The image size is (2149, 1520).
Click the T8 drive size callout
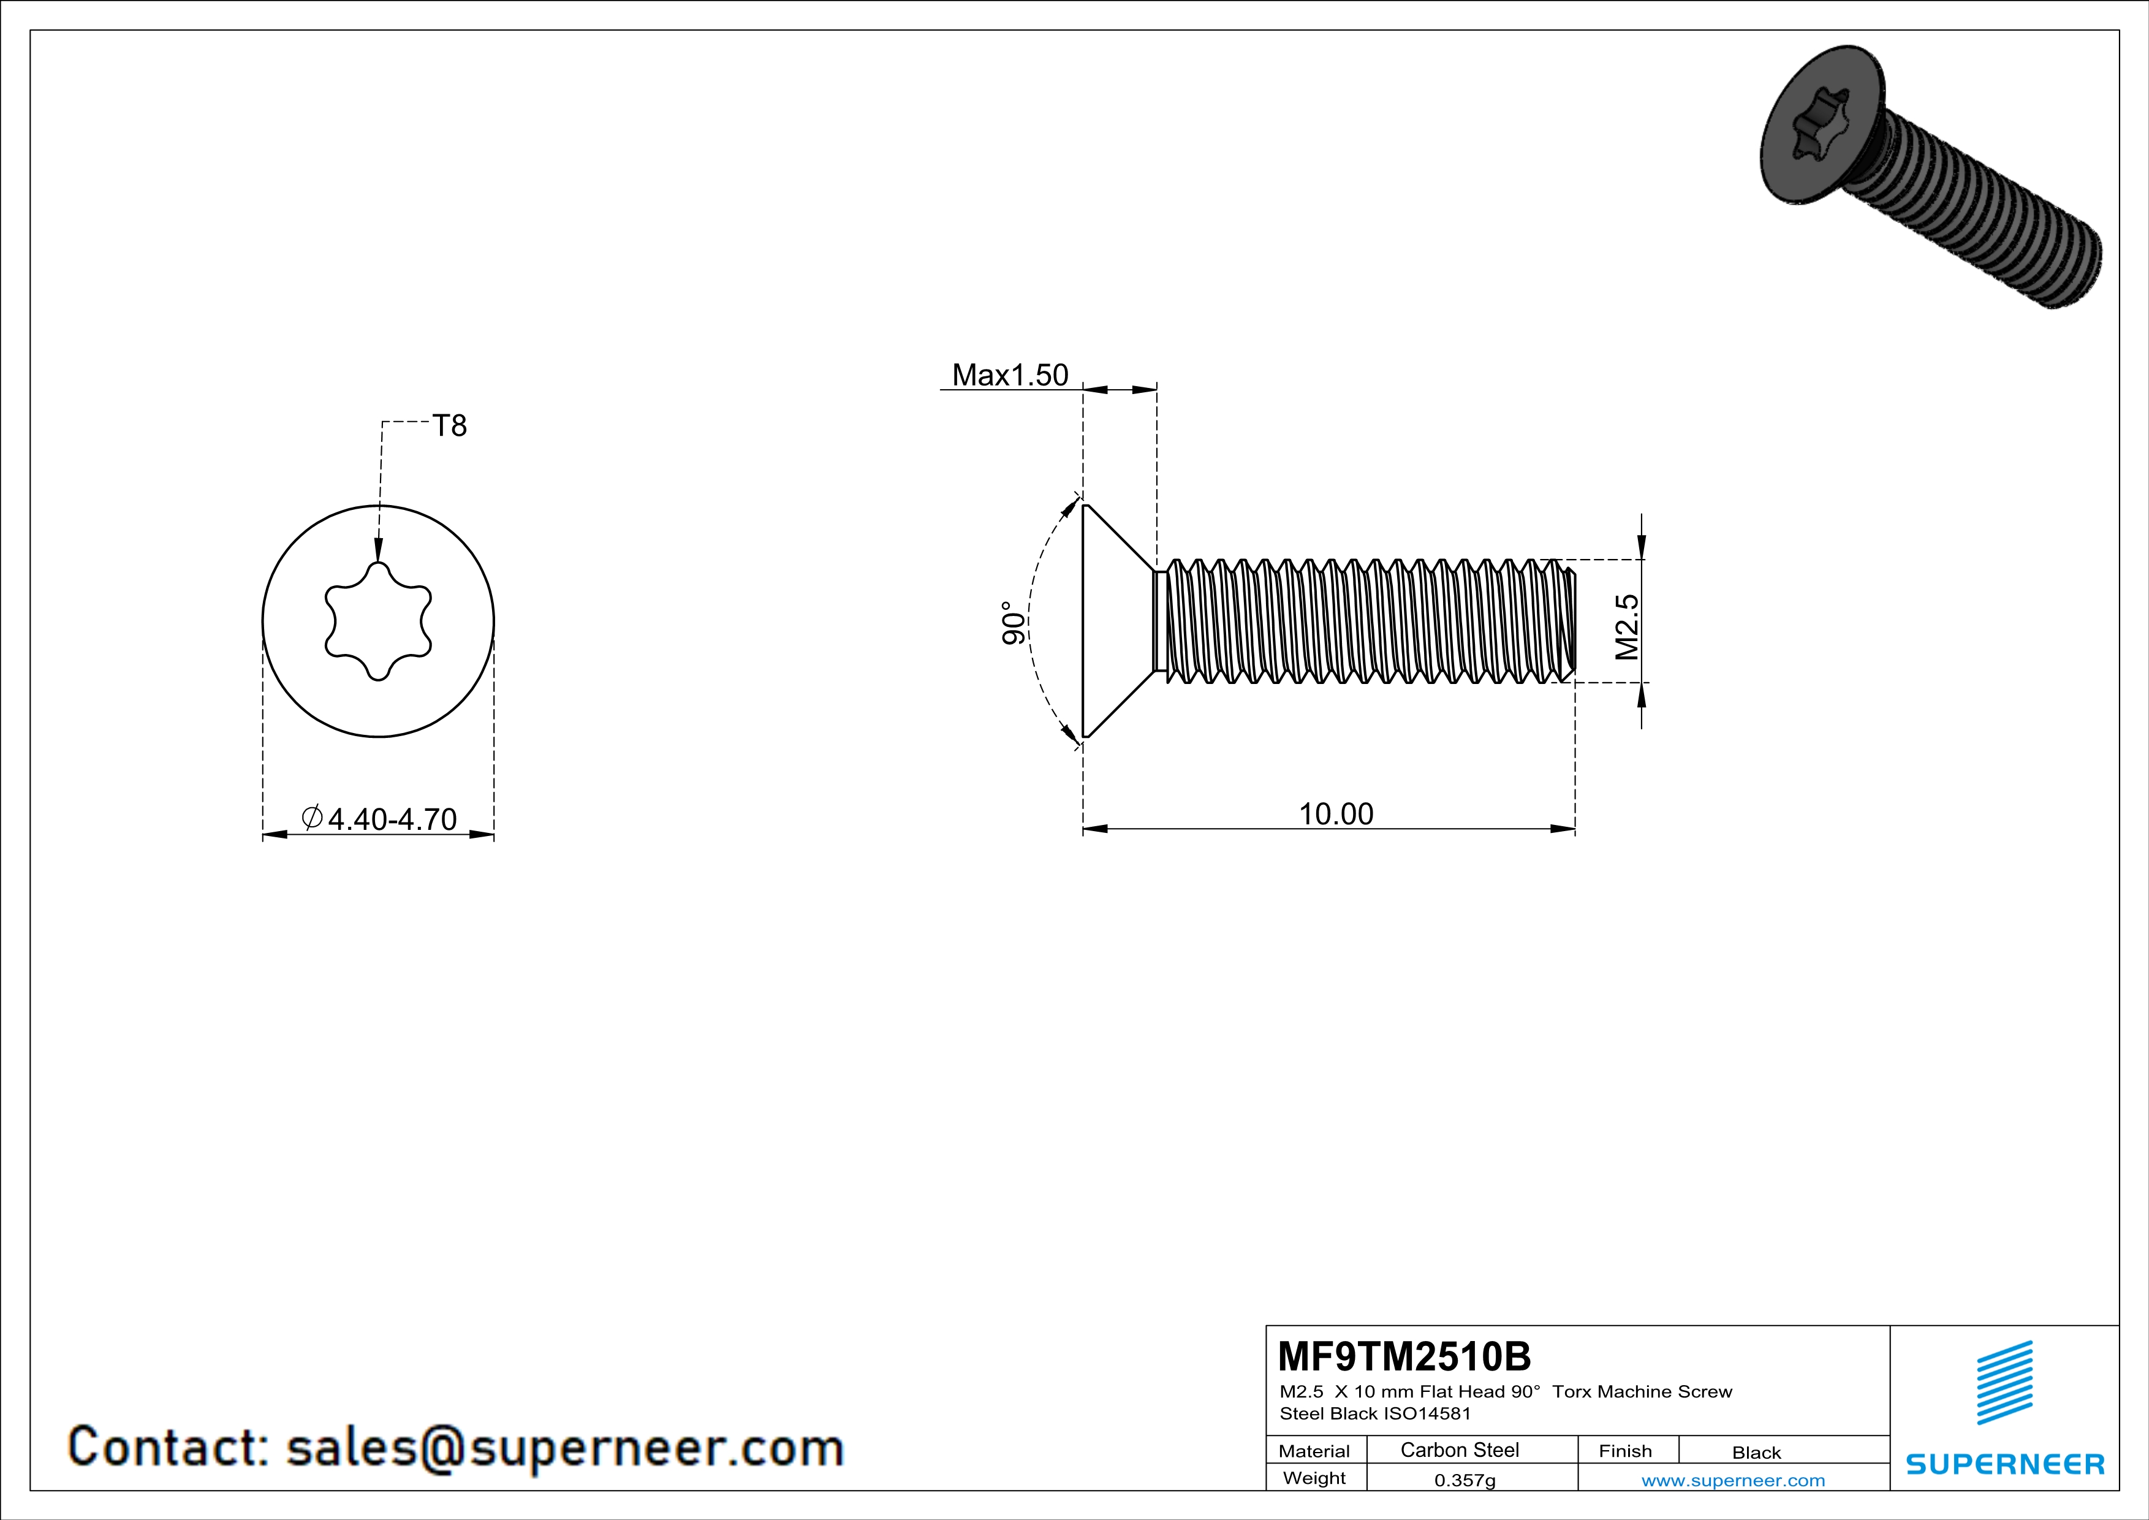coord(449,426)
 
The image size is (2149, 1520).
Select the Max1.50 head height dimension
coord(1009,375)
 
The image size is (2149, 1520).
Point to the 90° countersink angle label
coord(1012,623)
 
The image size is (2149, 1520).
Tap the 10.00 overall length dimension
coord(1336,813)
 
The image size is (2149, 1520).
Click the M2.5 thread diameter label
coord(1628,627)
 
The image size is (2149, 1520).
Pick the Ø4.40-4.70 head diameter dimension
coord(379,819)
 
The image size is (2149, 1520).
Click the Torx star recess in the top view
coord(378,621)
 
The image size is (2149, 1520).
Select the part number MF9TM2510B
coord(1404,1355)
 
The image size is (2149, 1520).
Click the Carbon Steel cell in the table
coord(1459,1450)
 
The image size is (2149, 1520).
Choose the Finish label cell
coord(1625,1451)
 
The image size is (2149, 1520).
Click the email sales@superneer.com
coord(564,1447)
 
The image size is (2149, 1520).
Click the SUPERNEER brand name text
coord(2005,1464)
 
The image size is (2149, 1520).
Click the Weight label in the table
coord(1314,1478)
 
